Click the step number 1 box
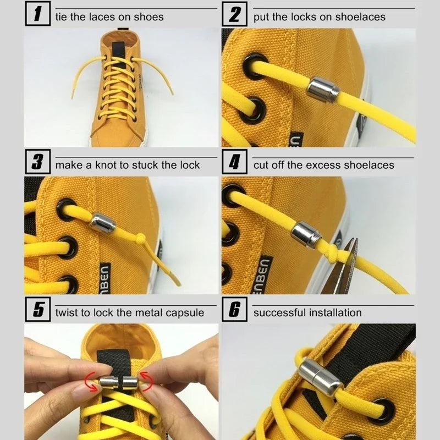37,15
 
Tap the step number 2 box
235,15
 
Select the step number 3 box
37,163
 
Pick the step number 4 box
235,163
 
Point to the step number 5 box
37,311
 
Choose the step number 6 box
235,311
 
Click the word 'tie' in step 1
62,16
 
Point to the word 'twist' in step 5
68,313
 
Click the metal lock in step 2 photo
323,89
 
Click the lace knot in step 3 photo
141,239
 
